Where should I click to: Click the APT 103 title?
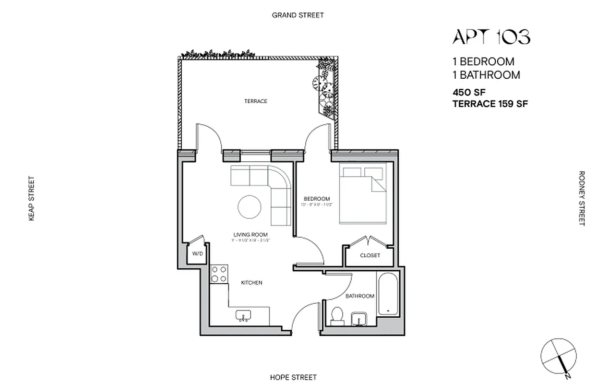pyautogui.click(x=491, y=37)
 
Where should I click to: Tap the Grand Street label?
pyautogui.click(x=298, y=15)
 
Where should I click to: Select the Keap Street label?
pyautogui.click(x=32, y=199)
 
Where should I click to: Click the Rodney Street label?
pyautogui.click(x=582, y=198)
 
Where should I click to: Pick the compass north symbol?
pyautogui.click(x=558, y=357)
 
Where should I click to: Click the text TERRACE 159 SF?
pyautogui.click(x=490, y=104)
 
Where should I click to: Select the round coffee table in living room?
pyautogui.click(x=250, y=207)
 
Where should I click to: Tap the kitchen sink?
pyautogui.click(x=244, y=316)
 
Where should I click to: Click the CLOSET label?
pyautogui.click(x=370, y=255)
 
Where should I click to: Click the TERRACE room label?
pyautogui.click(x=255, y=101)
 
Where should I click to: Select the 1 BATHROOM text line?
pyautogui.click(x=486, y=75)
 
